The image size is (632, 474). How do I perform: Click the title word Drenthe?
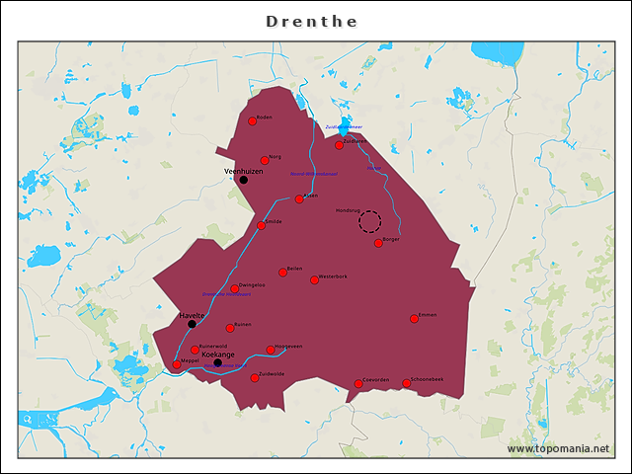pos(312,22)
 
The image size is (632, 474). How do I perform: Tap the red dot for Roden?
pos(253,121)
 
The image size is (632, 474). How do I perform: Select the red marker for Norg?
pos(265,160)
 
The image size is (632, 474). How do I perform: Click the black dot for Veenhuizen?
pos(243,180)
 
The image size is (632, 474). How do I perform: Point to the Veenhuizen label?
pos(244,171)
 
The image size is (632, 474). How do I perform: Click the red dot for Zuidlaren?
pos(339,145)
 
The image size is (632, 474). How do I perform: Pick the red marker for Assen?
pos(299,199)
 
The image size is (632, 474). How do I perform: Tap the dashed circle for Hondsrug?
pos(369,221)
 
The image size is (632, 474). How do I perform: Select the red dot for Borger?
pos(378,243)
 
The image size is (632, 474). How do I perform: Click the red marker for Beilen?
pos(282,273)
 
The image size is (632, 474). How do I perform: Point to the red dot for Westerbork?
pos(314,280)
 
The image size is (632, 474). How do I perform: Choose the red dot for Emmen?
pos(414,319)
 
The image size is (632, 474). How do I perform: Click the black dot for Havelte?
pos(192,324)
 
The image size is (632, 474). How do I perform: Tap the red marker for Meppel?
pos(177,364)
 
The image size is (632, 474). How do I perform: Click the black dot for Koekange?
pos(217,362)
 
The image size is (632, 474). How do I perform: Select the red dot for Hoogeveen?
pos(270,350)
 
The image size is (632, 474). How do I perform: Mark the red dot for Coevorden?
pos(358,384)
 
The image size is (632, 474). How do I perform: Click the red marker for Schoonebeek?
pos(406,383)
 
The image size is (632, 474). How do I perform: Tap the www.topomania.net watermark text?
pos(558,448)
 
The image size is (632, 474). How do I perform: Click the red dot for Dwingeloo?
pos(235,289)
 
